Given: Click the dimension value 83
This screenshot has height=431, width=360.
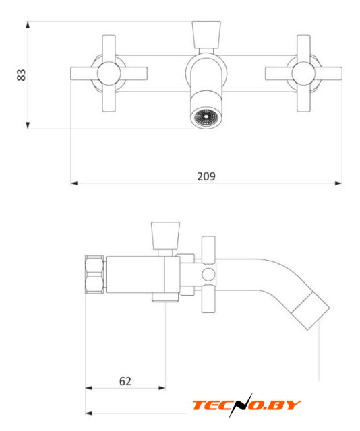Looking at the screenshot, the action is coord(21,75).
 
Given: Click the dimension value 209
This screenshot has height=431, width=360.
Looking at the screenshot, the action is coord(206,176).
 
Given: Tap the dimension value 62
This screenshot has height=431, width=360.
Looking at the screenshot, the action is coord(125,381).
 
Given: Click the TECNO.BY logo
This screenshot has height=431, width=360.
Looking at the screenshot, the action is coord(247,405).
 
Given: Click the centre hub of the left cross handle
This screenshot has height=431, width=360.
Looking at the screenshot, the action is coord(109,73).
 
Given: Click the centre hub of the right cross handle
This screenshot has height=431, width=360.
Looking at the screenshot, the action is coord(303,73).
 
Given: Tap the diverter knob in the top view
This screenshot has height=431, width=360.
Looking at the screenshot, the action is coord(206,35).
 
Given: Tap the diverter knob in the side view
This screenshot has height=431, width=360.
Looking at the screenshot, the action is coord(165,236).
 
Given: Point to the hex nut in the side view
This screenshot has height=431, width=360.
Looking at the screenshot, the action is coord(94,274).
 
